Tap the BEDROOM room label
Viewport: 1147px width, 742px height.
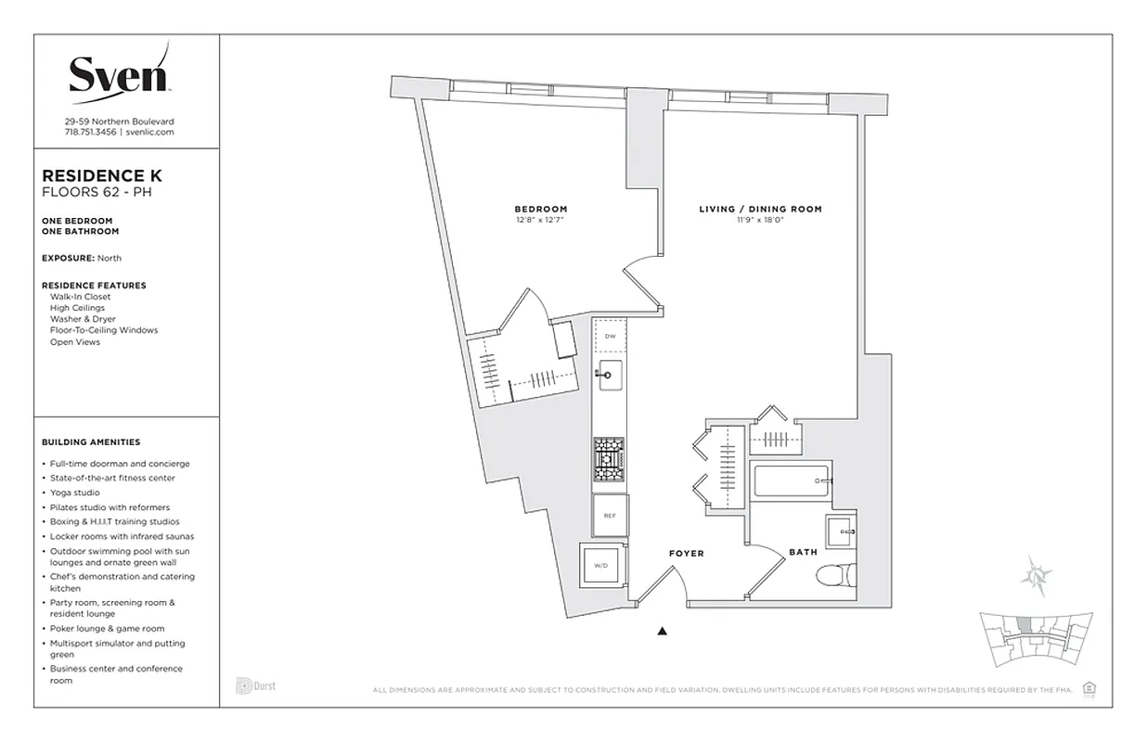pos(541,209)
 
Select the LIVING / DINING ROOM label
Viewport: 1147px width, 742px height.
pos(760,209)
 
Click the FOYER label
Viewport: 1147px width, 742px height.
pos(687,554)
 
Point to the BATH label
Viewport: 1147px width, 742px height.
pos(803,552)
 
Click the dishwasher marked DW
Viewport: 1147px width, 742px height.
pos(610,336)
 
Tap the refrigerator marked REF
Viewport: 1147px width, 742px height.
pos(610,516)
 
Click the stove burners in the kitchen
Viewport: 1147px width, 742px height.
pos(610,458)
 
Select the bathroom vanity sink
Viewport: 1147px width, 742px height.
pos(844,531)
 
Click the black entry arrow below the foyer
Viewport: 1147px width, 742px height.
pos(663,632)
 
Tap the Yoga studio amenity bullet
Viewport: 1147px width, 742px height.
pos(75,493)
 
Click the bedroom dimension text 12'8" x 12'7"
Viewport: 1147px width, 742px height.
pos(540,220)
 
